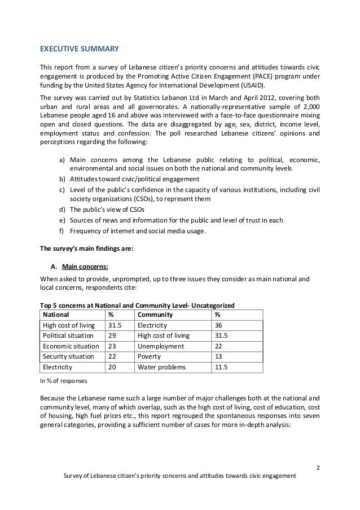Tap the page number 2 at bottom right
(x=318, y=467)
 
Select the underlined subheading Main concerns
(x=85, y=267)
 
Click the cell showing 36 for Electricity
(x=219, y=325)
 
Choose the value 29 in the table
(x=113, y=335)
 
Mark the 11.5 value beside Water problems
(x=222, y=367)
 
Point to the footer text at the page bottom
(x=180, y=476)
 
